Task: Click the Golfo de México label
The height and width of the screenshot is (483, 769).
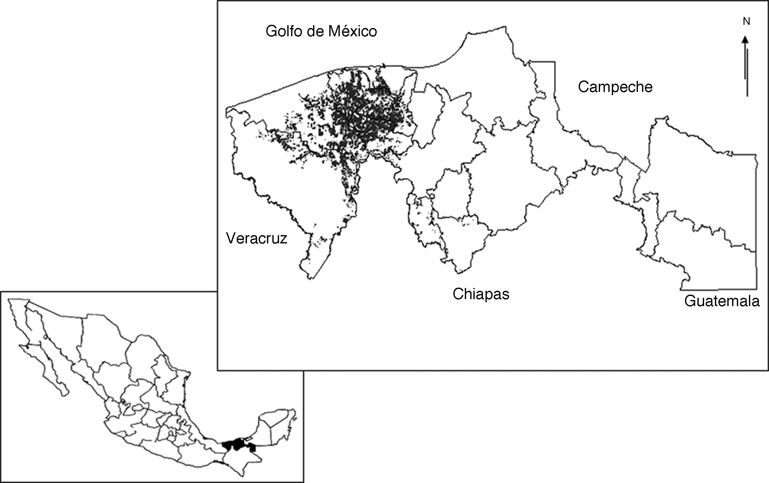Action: (321, 31)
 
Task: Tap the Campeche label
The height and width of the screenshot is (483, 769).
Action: (615, 87)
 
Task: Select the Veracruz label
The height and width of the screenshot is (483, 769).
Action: (256, 238)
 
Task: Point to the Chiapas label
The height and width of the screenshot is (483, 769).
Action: (481, 294)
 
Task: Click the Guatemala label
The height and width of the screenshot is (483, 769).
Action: (722, 301)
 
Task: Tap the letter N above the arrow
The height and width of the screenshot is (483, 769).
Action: (746, 22)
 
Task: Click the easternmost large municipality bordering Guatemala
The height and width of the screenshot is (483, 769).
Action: (703, 179)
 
